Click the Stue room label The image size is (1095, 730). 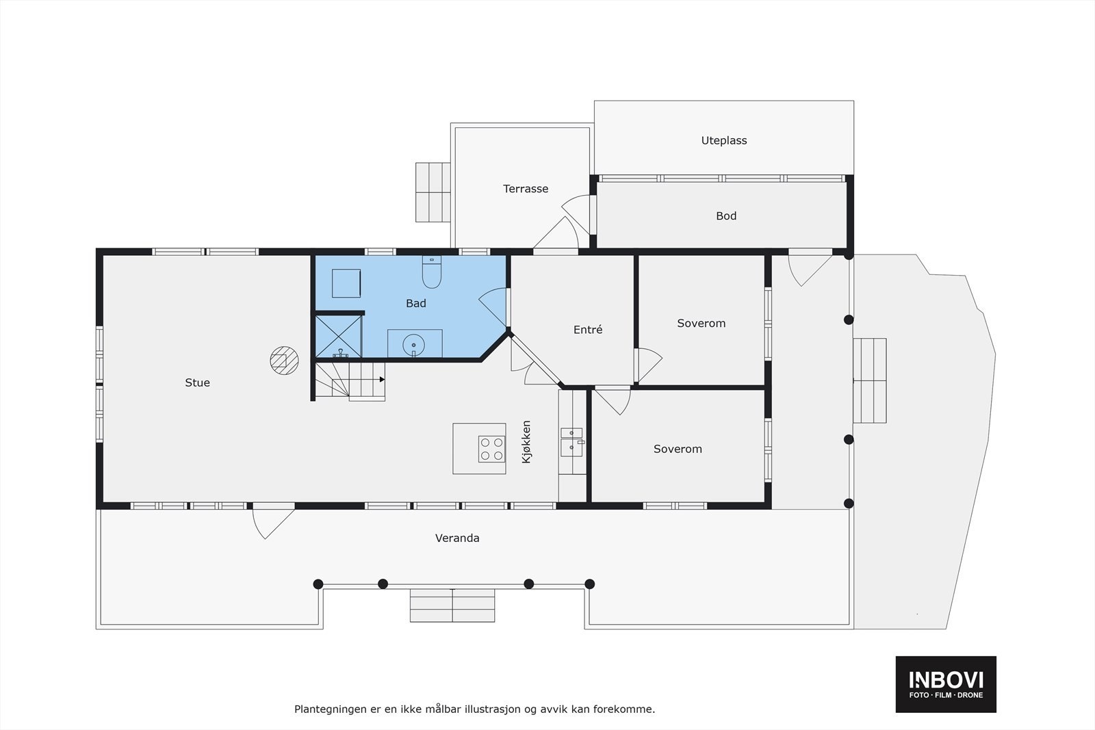tap(197, 382)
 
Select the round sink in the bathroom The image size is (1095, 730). tap(414, 343)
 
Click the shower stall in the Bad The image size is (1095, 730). tap(339, 335)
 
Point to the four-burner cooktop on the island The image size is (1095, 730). tap(491, 449)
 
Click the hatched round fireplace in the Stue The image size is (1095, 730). tap(283, 361)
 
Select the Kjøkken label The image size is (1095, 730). tap(526, 442)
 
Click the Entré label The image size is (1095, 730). tap(588, 330)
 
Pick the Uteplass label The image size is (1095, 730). tap(723, 140)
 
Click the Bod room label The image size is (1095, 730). tap(725, 216)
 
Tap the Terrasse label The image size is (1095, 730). tap(526, 189)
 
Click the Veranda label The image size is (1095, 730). tap(457, 538)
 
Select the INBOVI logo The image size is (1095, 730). tap(946, 683)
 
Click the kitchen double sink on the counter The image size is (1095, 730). tap(571, 442)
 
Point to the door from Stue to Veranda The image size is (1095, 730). tap(272, 521)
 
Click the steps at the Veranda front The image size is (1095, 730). tap(452, 605)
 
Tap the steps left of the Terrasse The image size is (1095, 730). tap(433, 192)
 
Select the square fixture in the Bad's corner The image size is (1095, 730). tap(346, 283)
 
